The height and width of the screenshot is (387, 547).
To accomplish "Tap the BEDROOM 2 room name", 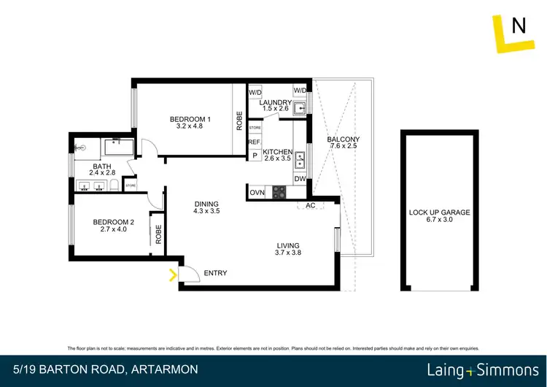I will point(113,223).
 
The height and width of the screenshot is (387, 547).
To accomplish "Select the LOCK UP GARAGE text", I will point(439,212).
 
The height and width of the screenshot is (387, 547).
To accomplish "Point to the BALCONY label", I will point(343,139).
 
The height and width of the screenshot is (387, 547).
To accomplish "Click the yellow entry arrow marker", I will point(173,275).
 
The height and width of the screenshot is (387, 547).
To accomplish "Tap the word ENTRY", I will point(215,273).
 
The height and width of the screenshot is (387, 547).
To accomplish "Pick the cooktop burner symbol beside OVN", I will point(279,193).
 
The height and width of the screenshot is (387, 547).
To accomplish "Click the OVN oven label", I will point(257,193).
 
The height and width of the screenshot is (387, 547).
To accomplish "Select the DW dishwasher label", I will point(300,179).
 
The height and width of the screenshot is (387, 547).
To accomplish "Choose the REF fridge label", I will point(255,142).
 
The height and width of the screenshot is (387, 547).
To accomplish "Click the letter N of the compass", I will point(519,27).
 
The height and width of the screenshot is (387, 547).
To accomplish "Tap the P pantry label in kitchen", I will point(255,156).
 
